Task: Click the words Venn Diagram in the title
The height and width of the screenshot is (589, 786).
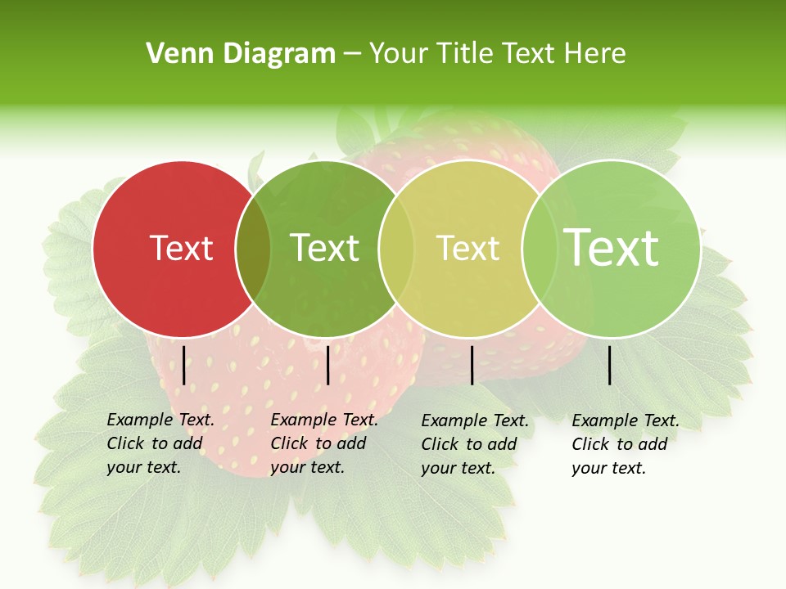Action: (x=241, y=54)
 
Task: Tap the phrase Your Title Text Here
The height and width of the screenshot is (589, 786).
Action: (x=497, y=54)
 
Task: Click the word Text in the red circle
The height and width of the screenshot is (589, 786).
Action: (x=181, y=248)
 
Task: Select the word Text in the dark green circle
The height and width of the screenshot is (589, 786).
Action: (x=325, y=248)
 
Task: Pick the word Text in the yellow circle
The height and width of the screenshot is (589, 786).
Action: (x=468, y=248)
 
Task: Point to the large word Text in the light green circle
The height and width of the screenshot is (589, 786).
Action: (x=612, y=247)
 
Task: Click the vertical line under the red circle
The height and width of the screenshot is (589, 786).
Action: (x=183, y=365)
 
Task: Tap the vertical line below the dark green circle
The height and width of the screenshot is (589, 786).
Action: (x=327, y=365)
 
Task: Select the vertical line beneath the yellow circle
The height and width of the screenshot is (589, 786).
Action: (x=472, y=365)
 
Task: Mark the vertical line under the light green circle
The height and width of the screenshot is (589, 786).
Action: (x=610, y=365)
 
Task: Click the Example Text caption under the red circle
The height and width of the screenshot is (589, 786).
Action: (x=160, y=443)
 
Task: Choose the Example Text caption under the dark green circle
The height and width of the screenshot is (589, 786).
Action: (x=324, y=443)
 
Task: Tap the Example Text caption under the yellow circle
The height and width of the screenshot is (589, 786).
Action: (x=475, y=444)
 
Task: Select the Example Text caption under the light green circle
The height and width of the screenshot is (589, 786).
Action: (x=626, y=444)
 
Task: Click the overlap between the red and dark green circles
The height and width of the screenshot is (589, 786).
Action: (x=253, y=248)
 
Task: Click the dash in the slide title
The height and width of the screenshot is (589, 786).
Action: (x=351, y=55)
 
